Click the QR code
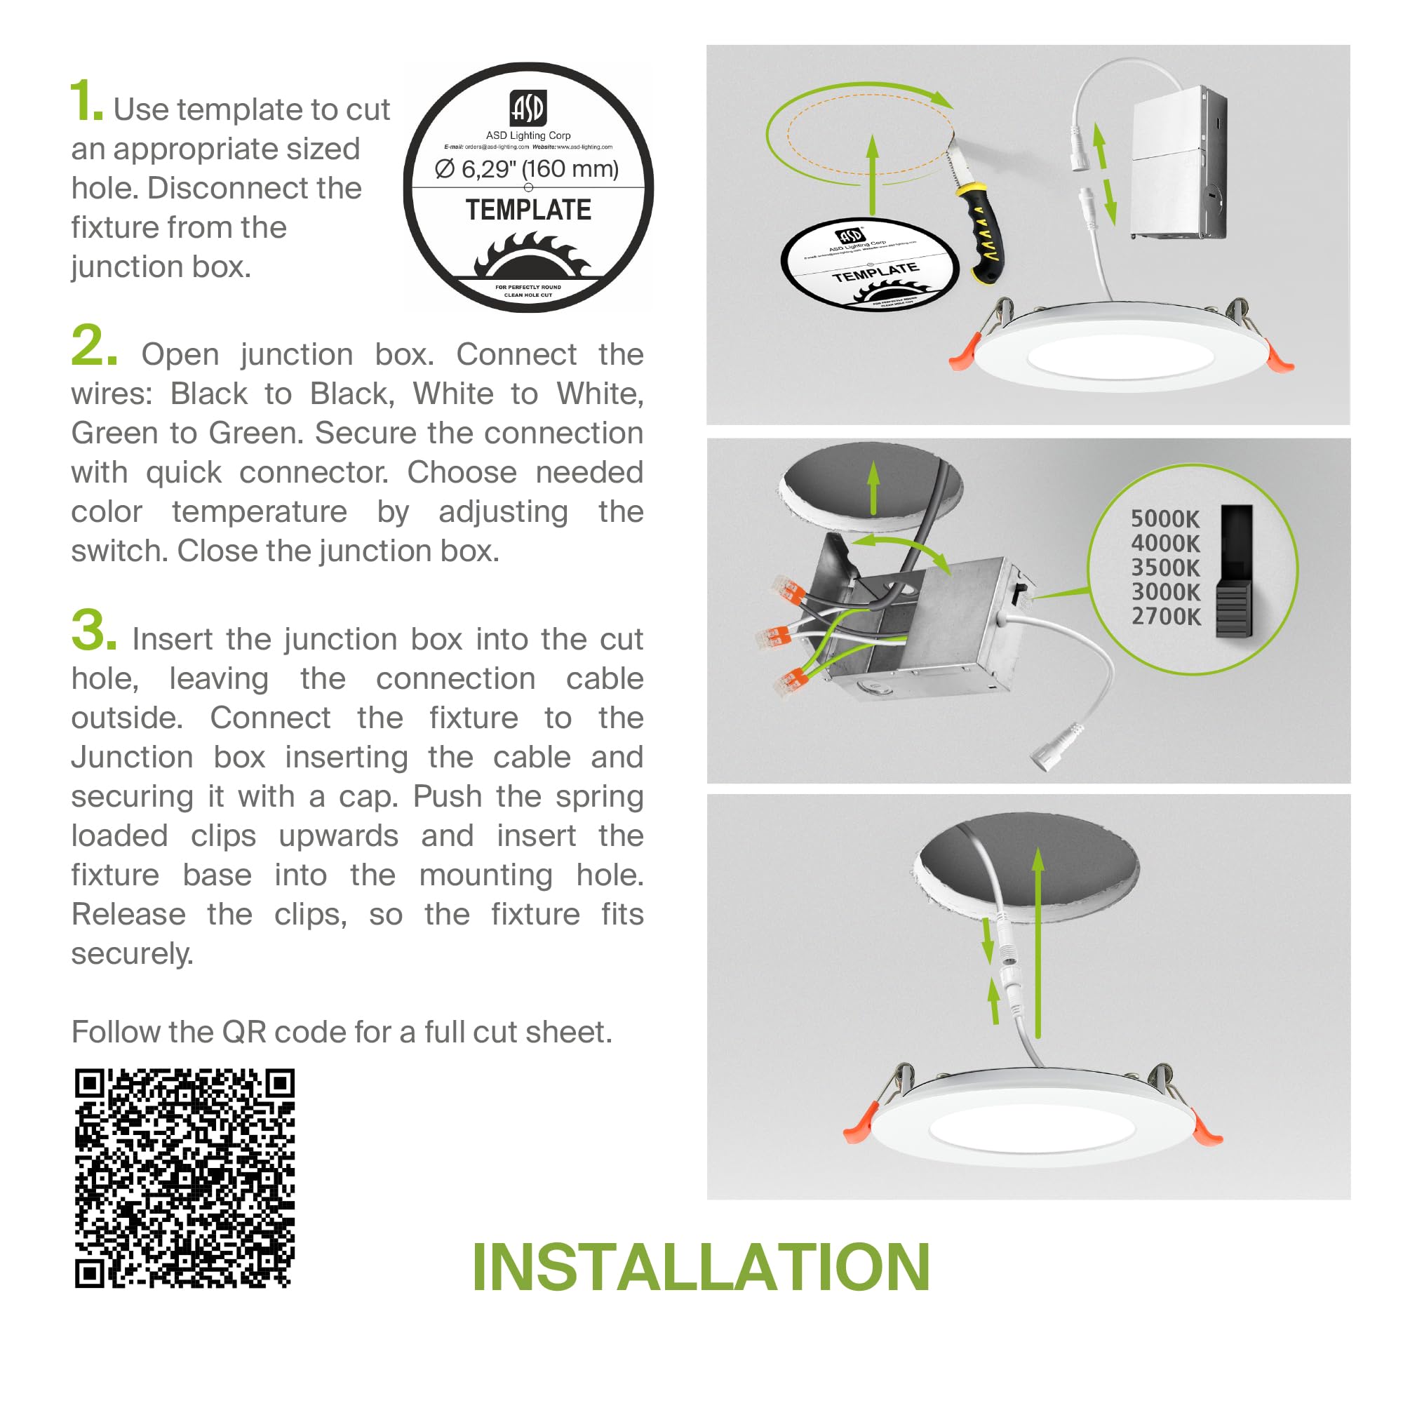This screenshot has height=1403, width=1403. point(184,1178)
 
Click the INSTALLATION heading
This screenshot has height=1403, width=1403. point(700,1268)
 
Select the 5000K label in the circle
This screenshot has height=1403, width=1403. point(1164,518)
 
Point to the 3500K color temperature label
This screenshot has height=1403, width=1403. point(1164,567)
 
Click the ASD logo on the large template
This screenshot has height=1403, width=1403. point(528,107)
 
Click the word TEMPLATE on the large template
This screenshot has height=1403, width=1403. point(528,210)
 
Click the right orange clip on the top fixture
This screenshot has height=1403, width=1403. point(1280,358)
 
